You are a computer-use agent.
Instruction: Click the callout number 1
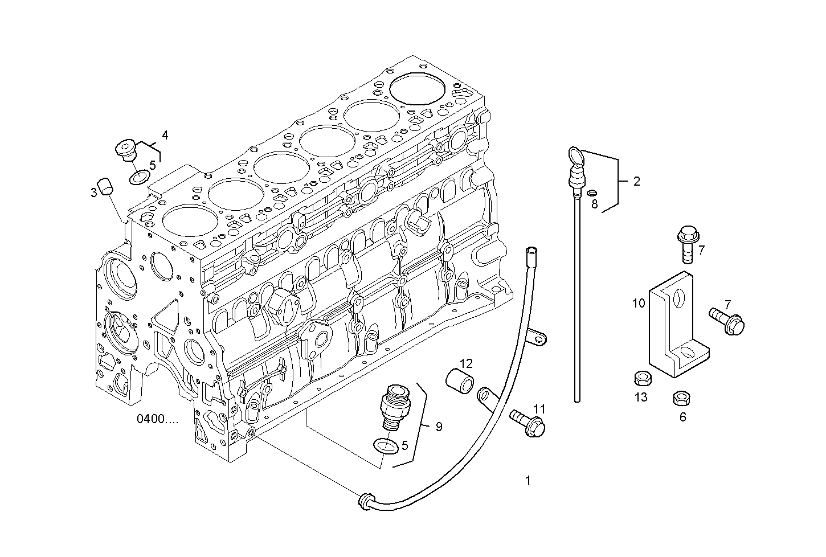point(528,481)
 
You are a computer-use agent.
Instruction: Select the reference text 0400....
point(157,419)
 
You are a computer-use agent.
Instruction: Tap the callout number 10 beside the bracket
point(639,303)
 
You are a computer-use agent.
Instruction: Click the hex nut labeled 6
point(680,398)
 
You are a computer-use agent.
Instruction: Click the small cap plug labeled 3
point(105,187)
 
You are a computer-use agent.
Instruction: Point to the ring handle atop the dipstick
point(574,155)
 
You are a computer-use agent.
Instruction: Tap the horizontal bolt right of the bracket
point(727,320)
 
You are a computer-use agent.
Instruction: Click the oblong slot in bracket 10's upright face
point(677,297)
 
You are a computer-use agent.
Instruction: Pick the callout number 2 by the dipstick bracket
point(636,181)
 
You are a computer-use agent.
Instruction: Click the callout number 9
point(439,427)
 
